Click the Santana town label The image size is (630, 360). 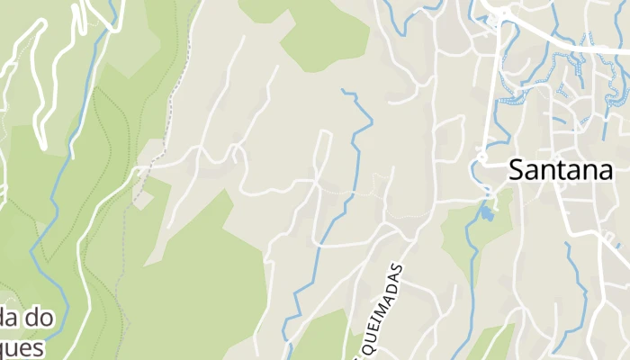tap(561, 169)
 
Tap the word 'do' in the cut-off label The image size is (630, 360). tap(41, 318)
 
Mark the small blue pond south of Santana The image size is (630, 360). tap(486, 214)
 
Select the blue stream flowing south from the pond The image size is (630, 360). tap(470, 270)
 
